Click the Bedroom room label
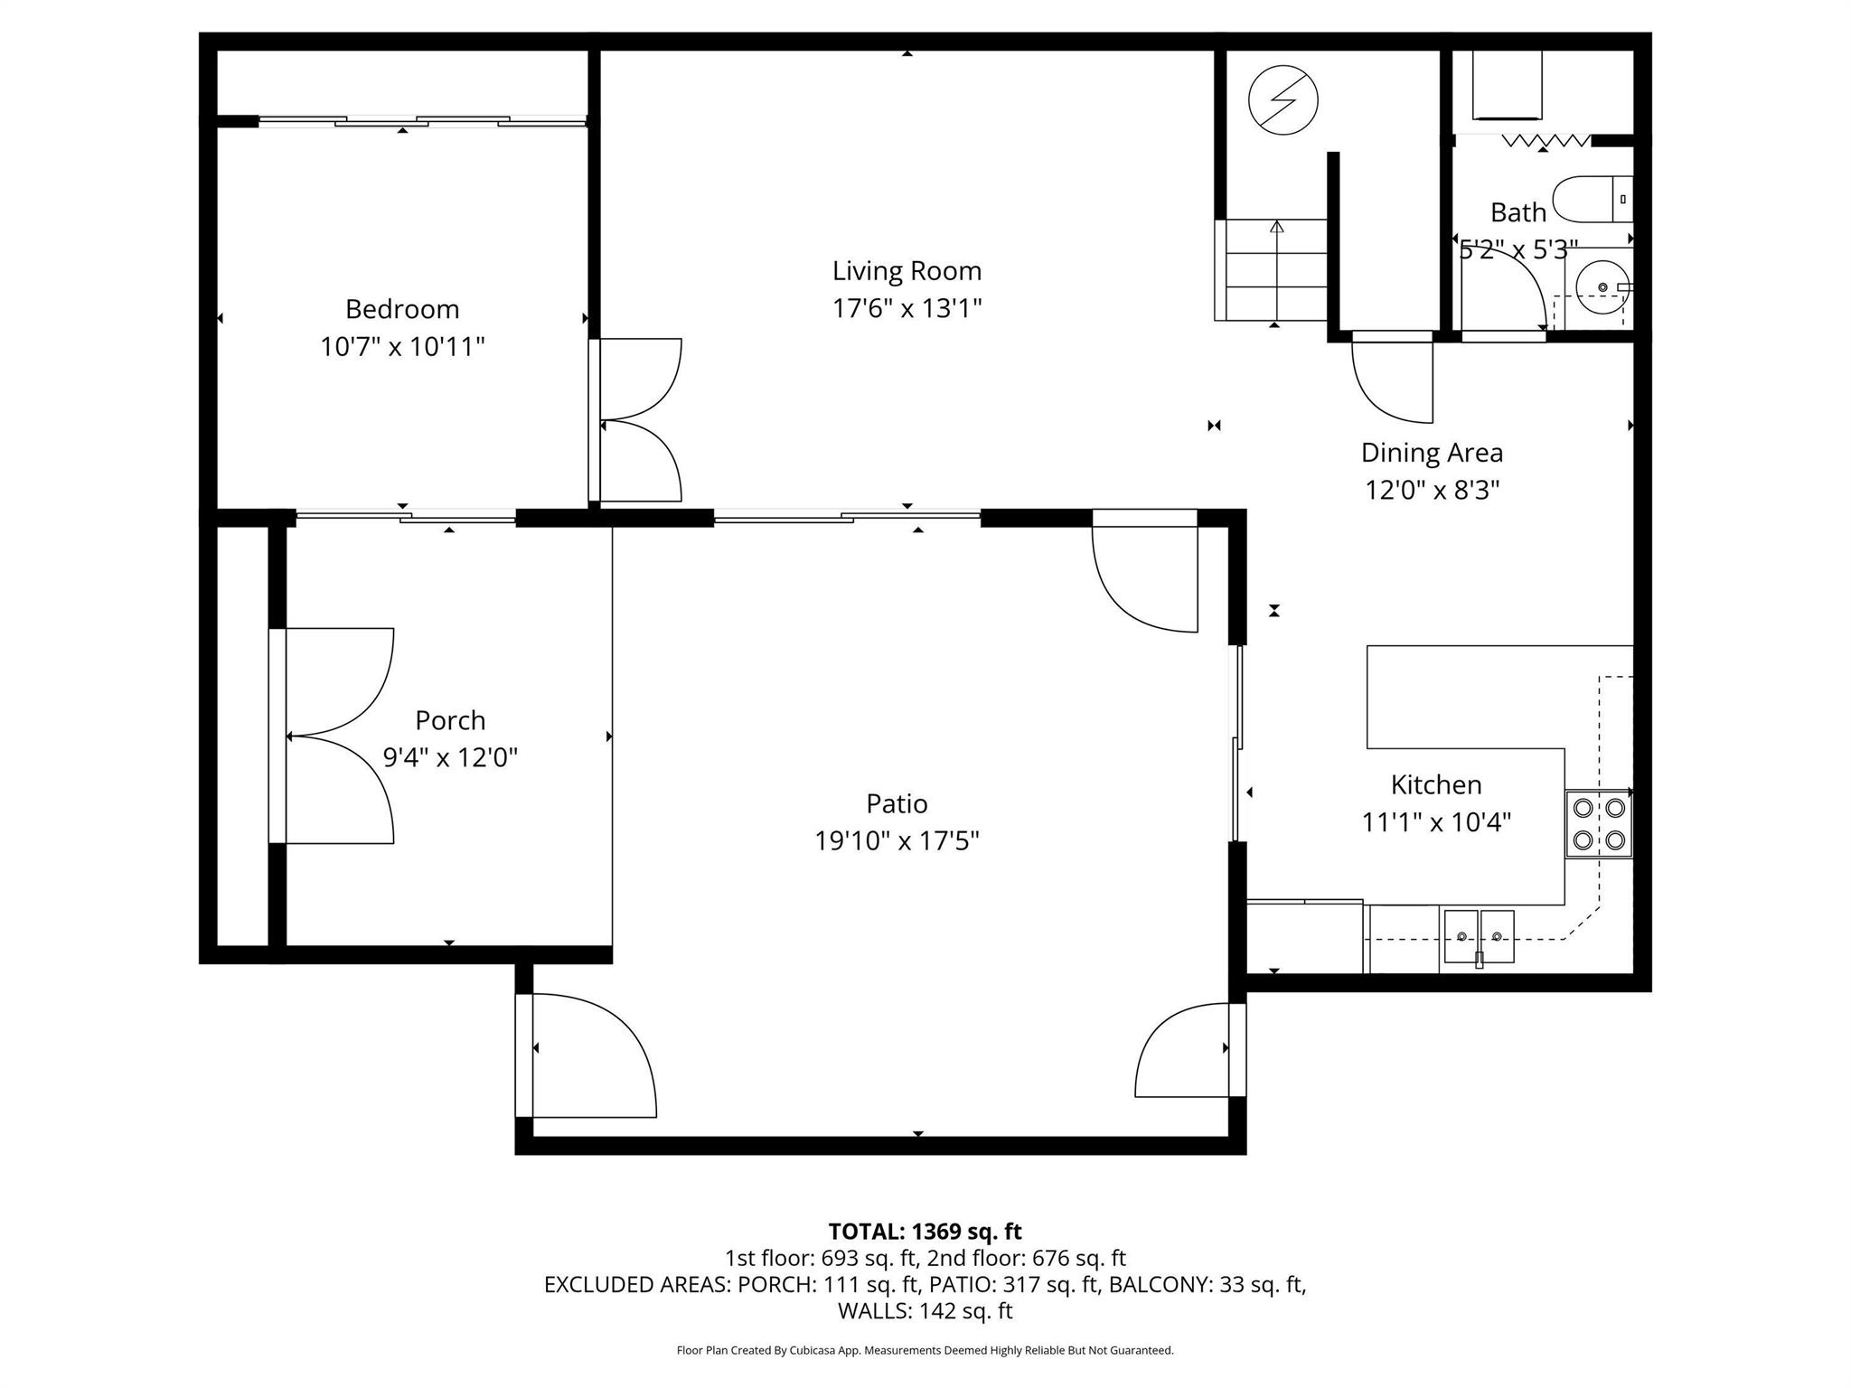[x=402, y=309]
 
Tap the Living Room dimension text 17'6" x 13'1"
[x=907, y=309]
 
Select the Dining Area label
[x=1432, y=453]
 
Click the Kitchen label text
[x=1435, y=784]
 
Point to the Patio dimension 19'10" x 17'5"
[x=897, y=841]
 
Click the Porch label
[x=450, y=720]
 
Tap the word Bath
[x=1517, y=212]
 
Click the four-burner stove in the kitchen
[x=1598, y=824]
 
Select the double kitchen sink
[x=1479, y=937]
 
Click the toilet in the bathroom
[x=1593, y=199]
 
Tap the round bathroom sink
[x=1601, y=287]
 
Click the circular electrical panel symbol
[x=1283, y=100]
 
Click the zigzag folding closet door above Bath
[x=1545, y=141]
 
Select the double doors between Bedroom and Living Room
[x=637, y=420]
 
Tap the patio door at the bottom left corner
[x=587, y=1055]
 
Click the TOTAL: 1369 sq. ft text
[x=925, y=1231]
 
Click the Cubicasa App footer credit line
[x=925, y=1350]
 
